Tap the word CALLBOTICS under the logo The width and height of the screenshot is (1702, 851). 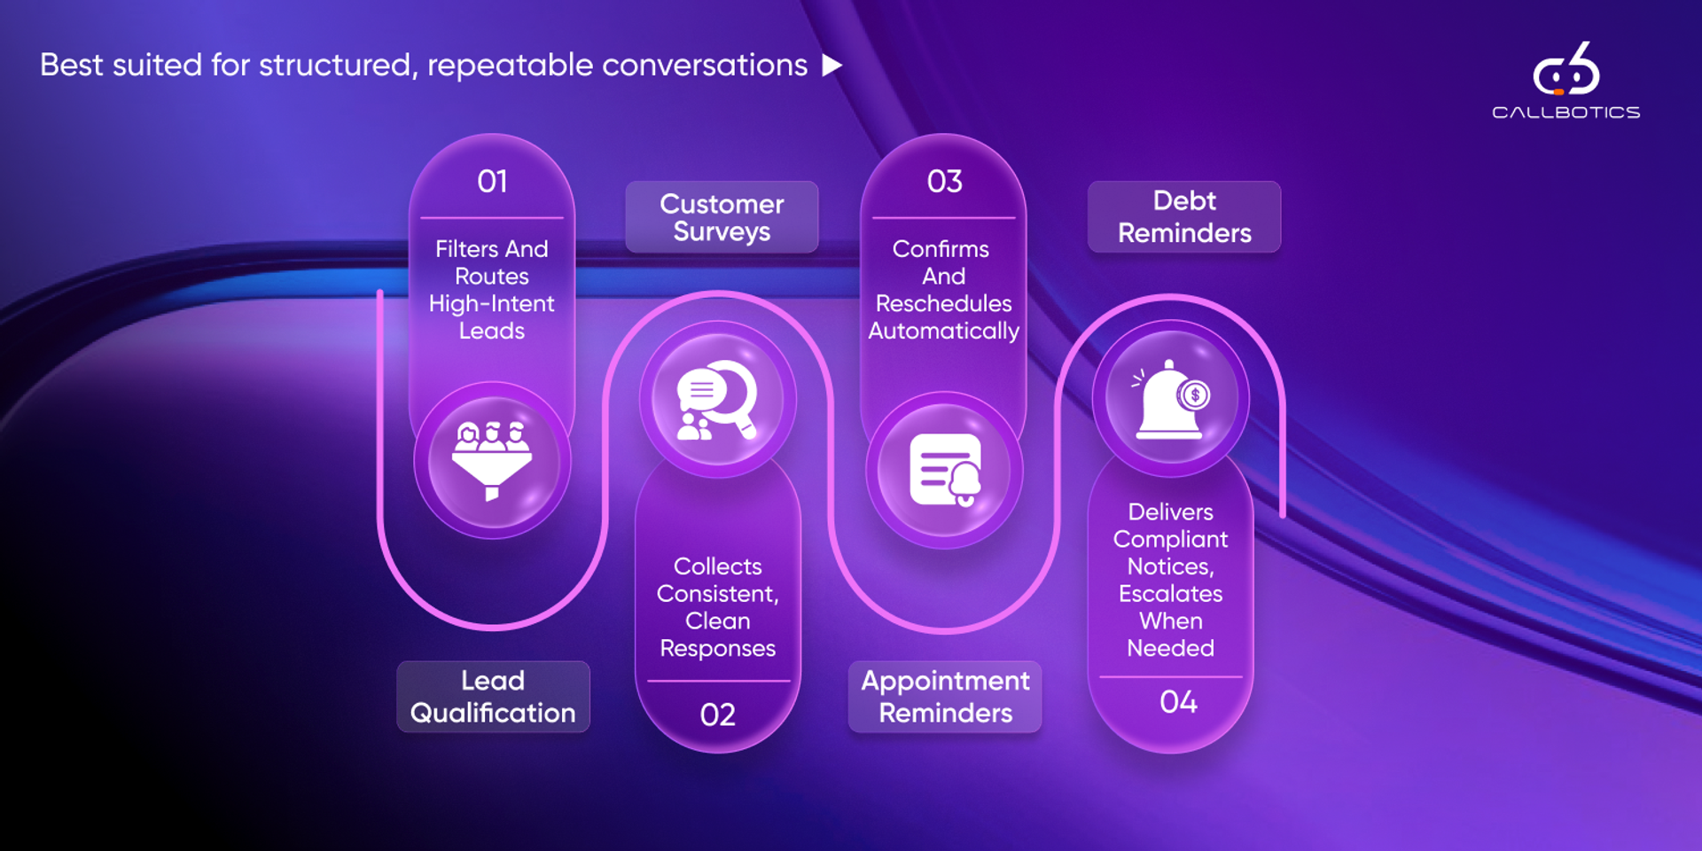click(x=1565, y=113)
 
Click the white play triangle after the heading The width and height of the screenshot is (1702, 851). click(x=831, y=65)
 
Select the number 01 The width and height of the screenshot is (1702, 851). click(x=492, y=182)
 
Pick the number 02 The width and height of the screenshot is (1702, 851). click(x=717, y=714)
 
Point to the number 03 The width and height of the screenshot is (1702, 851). click(x=944, y=182)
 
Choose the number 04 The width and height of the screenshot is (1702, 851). click(x=1178, y=702)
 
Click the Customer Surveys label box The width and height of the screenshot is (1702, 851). click(x=722, y=217)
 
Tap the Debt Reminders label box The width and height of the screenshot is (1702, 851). click(x=1184, y=217)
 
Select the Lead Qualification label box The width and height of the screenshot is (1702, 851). click(x=493, y=697)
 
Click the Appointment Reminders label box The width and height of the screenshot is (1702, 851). click(x=945, y=697)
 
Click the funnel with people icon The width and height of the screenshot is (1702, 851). click(x=492, y=460)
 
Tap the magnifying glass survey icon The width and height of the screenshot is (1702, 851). click(x=717, y=399)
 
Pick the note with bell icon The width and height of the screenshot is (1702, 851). click(x=945, y=470)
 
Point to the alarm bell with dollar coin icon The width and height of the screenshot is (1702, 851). click(x=1170, y=399)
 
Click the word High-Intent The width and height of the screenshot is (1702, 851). click(x=492, y=303)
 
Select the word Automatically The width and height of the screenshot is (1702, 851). click(x=944, y=331)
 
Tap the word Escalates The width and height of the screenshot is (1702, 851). click(x=1170, y=593)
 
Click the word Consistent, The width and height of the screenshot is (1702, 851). click(x=717, y=593)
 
